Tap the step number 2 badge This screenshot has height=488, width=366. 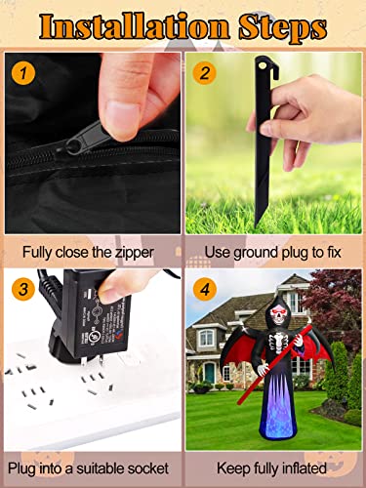pyautogui.click(x=203, y=73)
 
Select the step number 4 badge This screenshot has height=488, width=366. pyautogui.click(x=203, y=289)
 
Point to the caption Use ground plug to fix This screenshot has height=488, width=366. pyautogui.click(x=273, y=252)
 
